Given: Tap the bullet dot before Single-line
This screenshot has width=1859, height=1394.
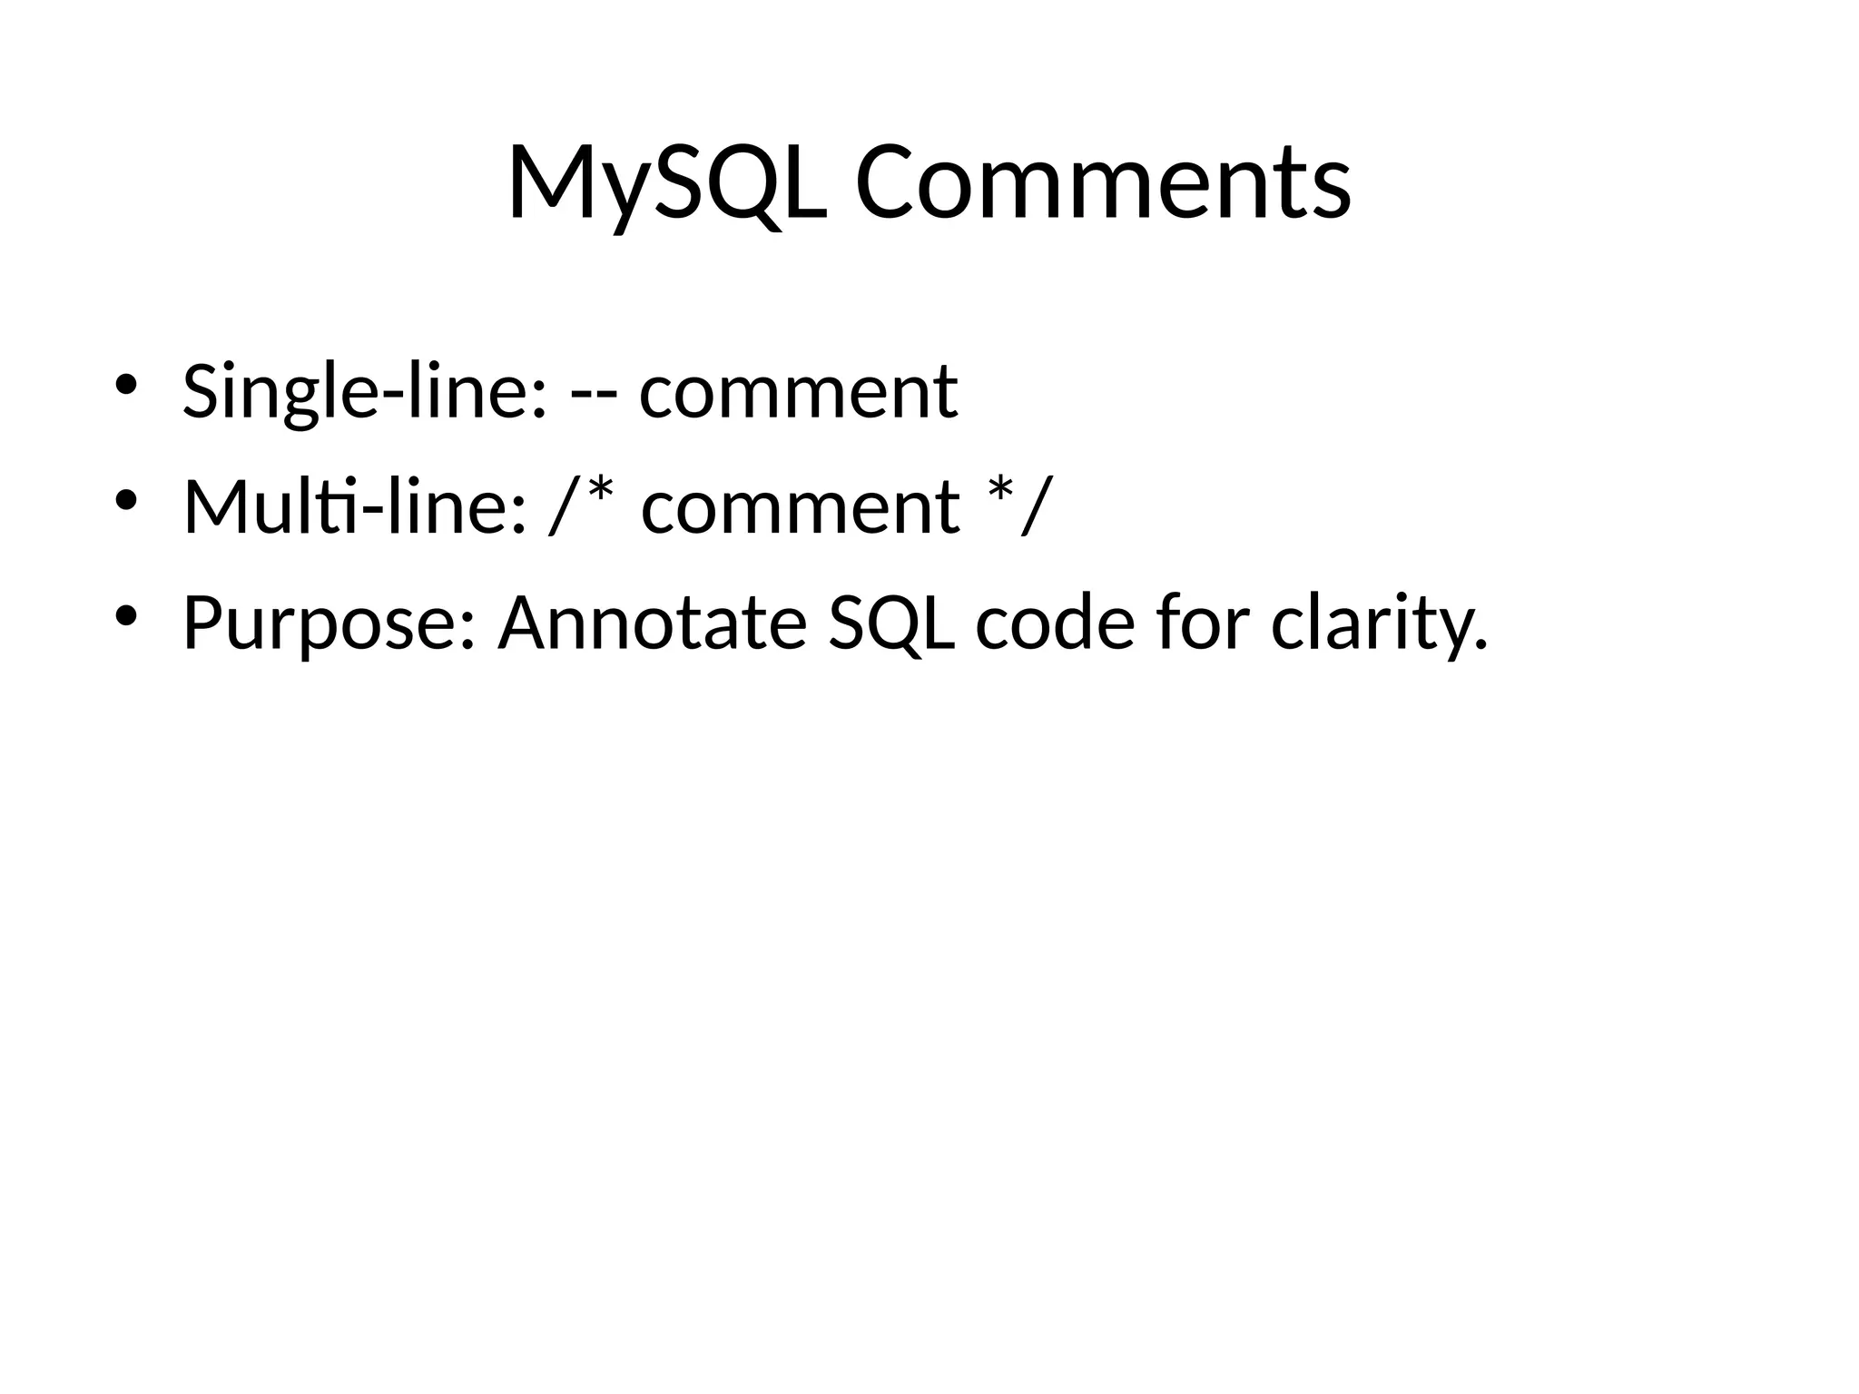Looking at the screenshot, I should (x=125, y=384).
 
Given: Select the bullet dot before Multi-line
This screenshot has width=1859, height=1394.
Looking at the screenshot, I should (x=125, y=500).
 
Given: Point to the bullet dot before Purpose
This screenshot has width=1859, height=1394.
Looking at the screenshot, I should (x=125, y=616).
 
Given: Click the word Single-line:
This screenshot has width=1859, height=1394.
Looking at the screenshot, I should (x=365, y=392).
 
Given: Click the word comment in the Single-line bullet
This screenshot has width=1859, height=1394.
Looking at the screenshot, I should (x=798, y=392).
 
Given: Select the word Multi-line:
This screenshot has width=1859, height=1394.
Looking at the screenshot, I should (x=355, y=506).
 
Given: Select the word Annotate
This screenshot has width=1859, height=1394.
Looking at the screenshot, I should (x=652, y=623).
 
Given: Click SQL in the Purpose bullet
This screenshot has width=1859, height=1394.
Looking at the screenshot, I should (x=891, y=623).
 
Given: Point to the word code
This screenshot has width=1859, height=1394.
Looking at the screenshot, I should (x=1055, y=623).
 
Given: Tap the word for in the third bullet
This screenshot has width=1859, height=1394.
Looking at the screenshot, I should (x=1204, y=623).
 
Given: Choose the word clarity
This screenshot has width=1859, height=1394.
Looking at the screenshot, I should (x=1371, y=624).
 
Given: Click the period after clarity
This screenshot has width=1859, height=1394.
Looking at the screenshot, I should (x=1480, y=645).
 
